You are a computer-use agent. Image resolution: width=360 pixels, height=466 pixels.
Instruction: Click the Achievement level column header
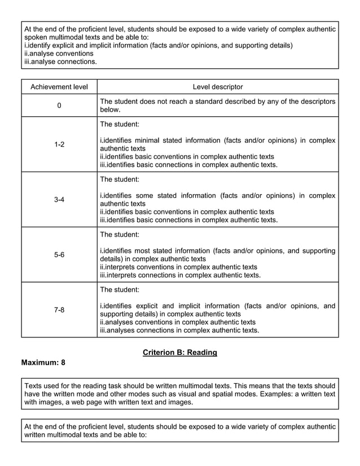[59, 87]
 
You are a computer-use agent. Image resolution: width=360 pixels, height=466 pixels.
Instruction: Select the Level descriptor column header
[218, 87]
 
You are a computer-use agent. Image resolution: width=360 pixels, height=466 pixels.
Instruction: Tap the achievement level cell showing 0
[59, 105]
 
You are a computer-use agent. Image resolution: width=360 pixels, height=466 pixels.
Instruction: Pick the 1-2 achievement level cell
[59, 144]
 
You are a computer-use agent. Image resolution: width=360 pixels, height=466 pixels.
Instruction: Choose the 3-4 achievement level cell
[59, 200]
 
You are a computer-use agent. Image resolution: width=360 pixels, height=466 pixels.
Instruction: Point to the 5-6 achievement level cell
[59, 255]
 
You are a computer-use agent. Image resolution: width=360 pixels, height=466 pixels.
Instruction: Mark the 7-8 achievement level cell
[59, 310]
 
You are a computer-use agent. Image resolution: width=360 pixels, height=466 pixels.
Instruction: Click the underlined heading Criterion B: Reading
[180, 353]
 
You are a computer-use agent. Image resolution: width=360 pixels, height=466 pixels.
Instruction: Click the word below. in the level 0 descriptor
[110, 110]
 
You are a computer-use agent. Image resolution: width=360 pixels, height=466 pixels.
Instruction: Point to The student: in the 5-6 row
[119, 234]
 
